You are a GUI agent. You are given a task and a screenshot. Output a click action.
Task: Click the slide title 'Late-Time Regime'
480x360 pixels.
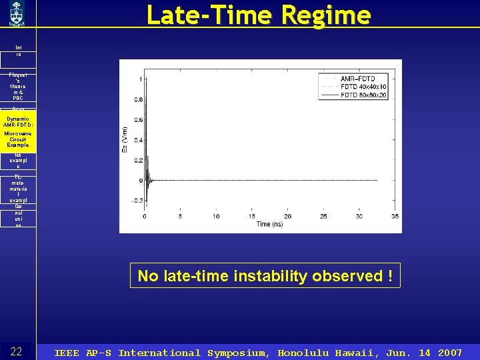click(x=258, y=15)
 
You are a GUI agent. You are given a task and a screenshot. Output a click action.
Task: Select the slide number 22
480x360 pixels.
click(x=17, y=352)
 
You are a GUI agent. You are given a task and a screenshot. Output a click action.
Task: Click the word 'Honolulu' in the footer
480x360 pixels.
click(x=305, y=353)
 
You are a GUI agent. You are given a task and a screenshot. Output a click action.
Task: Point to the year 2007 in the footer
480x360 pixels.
click(x=450, y=353)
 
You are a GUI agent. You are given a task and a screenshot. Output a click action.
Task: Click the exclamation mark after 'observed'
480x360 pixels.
click(x=390, y=276)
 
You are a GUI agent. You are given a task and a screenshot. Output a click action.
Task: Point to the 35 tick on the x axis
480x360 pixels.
click(x=395, y=216)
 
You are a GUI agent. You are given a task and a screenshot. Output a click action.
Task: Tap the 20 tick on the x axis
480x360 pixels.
click(x=287, y=216)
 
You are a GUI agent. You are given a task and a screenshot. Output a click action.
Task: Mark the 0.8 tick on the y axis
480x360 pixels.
click(x=137, y=99)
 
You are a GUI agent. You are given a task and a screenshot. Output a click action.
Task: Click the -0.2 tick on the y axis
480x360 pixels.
click(x=136, y=201)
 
